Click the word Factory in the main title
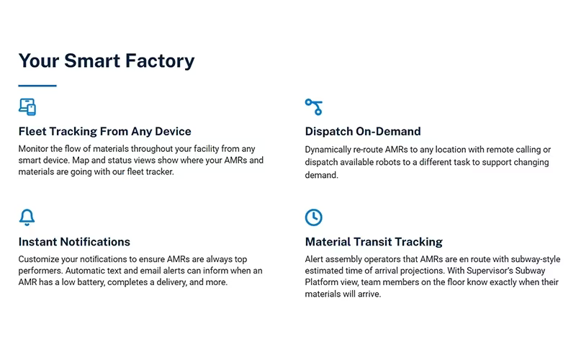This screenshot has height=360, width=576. tap(160, 61)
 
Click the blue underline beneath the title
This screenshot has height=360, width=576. tap(37, 86)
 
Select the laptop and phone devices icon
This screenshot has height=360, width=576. tap(27, 107)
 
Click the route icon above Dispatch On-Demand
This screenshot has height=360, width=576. tap(314, 107)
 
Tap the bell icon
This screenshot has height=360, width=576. tap(27, 217)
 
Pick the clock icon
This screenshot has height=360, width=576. tap(314, 217)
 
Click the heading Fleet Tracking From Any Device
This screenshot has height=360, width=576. tap(104, 131)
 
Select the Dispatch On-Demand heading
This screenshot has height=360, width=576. tap(363, 131)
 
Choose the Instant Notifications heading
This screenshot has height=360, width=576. tap(74, 242)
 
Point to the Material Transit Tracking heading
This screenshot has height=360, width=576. tap(374, 242)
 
